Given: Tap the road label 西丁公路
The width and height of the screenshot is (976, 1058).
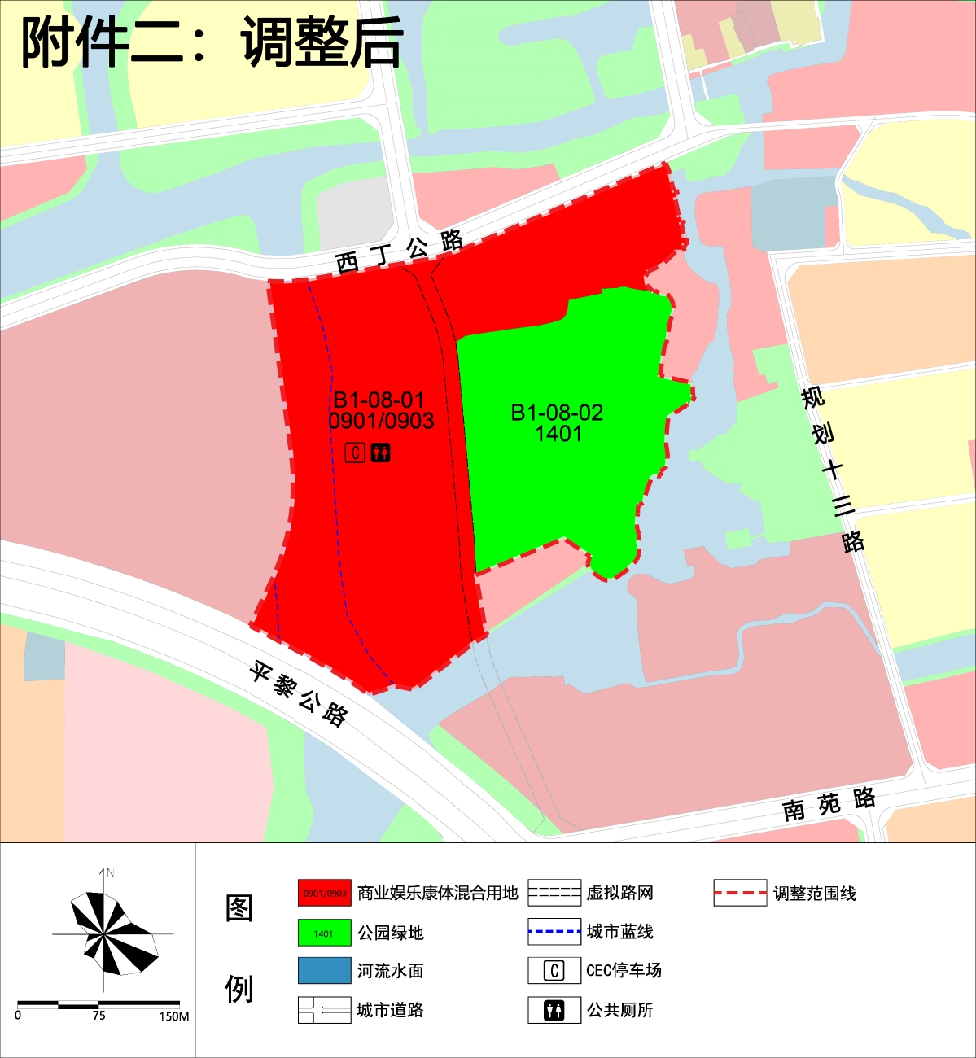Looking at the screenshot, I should tap(399, 251).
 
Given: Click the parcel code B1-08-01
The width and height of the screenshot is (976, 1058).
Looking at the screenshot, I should tap(379, 400).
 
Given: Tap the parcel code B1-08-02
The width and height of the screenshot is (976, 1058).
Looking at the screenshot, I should tap(557, 413).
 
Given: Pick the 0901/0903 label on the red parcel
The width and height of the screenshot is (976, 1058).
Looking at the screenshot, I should tap(381, 421).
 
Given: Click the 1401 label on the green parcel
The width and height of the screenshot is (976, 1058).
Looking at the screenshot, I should tap(558, 434).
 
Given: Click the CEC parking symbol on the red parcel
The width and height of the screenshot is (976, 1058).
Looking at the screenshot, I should tap(355, 452).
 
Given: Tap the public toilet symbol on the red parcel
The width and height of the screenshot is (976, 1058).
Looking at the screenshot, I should tap(380, 452).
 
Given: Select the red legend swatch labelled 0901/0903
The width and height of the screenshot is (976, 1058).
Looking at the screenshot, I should tap(324, 893).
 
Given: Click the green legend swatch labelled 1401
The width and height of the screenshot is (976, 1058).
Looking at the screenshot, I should tap(324, 933).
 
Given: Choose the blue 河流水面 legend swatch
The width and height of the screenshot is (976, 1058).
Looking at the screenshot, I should tap(324, 971).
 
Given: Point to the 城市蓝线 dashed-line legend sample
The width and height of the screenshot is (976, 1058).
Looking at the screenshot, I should tap(554, 932).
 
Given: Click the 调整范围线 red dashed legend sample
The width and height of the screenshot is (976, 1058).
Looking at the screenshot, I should tap(740, 893).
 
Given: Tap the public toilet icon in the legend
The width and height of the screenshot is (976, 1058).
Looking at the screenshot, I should tap(554, 1010).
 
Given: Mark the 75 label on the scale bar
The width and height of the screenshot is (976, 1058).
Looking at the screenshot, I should tap(98, 1016).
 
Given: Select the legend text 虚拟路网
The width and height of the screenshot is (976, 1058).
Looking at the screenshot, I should tap(619, 894).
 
